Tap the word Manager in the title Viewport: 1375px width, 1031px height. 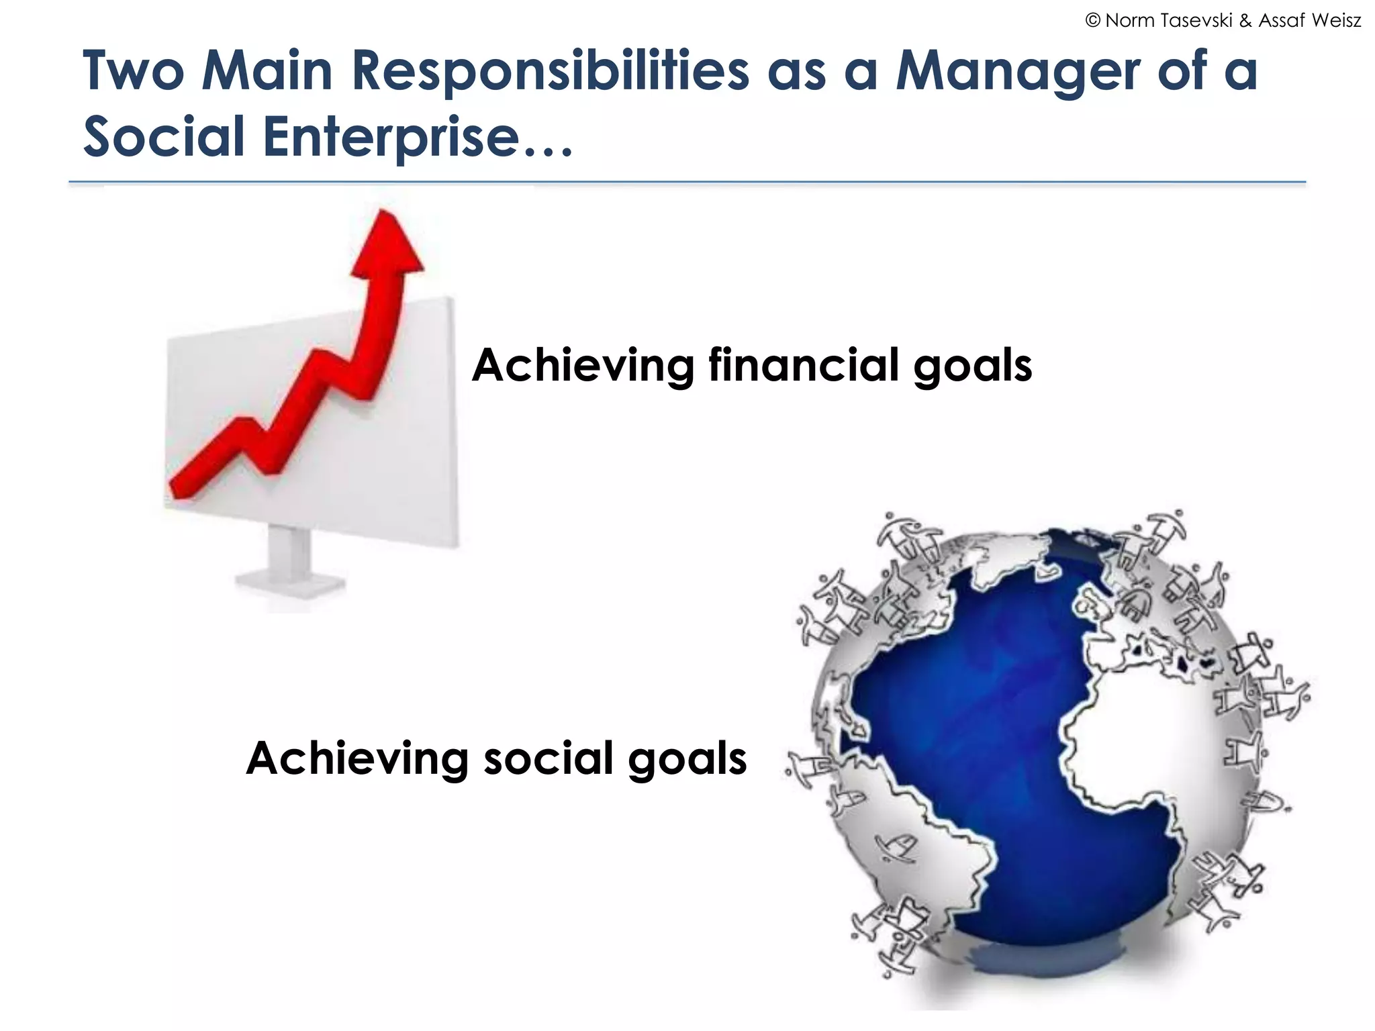[x=1018, y=71]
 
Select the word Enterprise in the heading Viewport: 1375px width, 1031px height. [x=392, y=137]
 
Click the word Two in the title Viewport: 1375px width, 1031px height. [x=133, y=71]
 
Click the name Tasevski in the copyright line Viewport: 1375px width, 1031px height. [x=1202, y=21]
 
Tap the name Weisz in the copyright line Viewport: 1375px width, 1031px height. [x=1336, y=21]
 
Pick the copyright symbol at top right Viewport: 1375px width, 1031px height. [x=1092, y=21]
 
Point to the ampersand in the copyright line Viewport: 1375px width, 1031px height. [x=1245, y=21]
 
